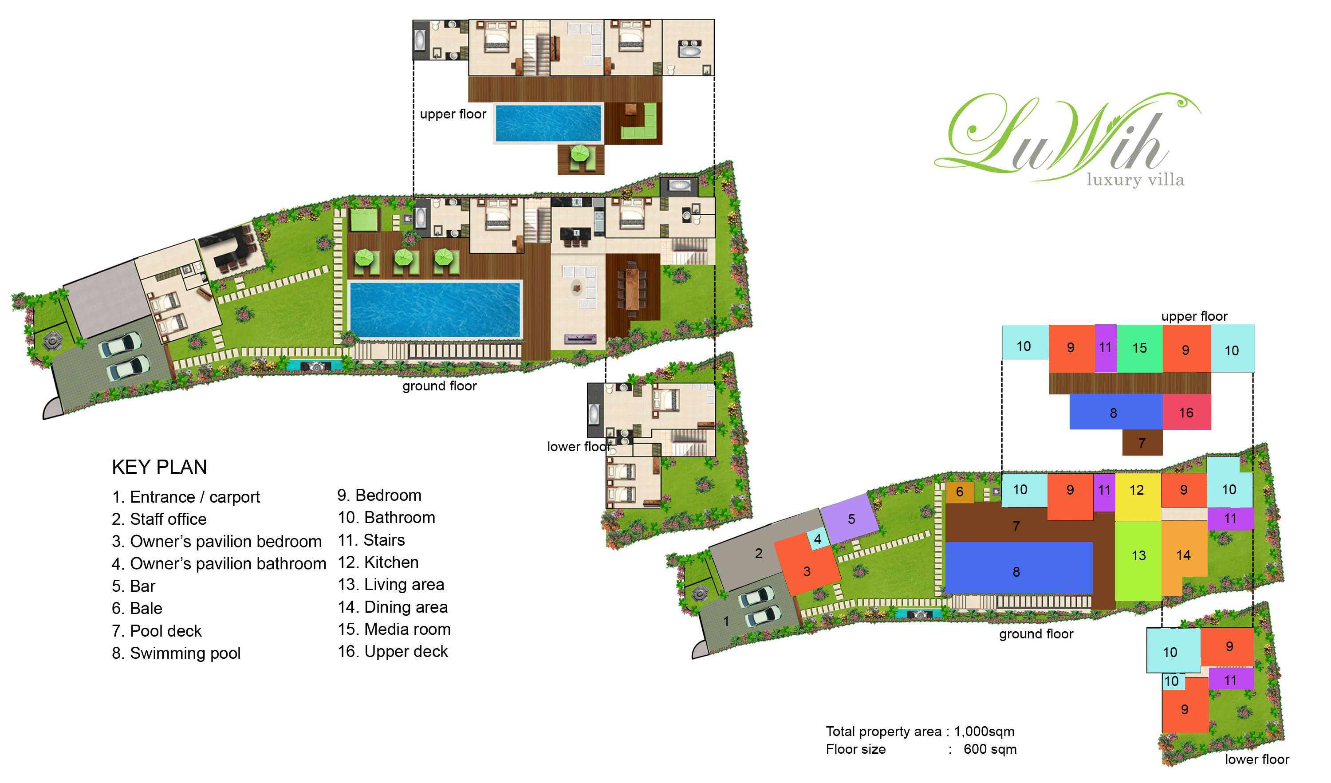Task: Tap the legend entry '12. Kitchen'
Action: coord(378,563)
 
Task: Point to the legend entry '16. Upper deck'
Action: coord(393,652)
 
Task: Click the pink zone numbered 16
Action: coord(1186,413)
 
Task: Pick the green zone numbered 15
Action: coord(1139,348)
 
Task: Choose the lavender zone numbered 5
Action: coord(851,519)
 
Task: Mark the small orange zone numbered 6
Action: coord(959,492)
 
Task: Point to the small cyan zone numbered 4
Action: coord(817,539)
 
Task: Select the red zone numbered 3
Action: coord(807,571)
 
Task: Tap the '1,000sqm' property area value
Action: coord(984,732)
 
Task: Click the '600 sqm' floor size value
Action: coord(990,750)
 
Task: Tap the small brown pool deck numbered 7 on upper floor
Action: coord(1142,443)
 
